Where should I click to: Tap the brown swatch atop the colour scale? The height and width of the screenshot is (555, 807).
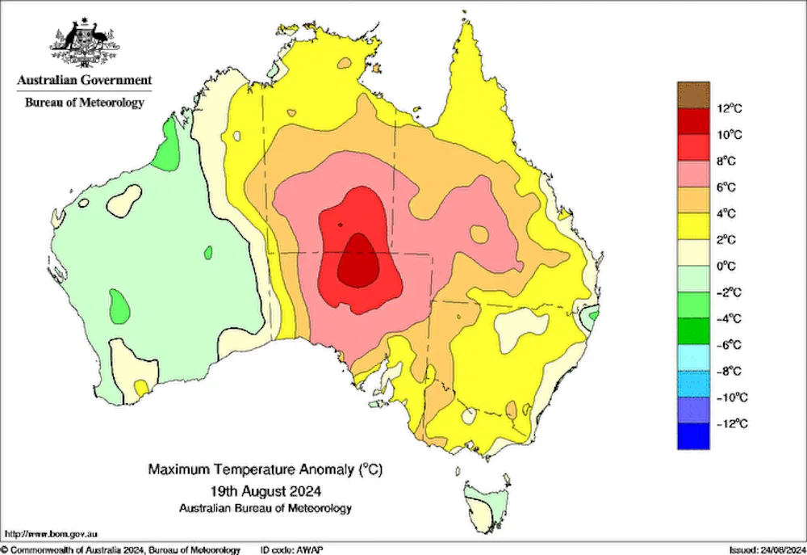click(693, 95)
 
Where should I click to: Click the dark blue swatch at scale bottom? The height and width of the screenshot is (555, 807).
click(693, 436)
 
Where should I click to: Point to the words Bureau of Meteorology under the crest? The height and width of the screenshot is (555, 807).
click(85, 103)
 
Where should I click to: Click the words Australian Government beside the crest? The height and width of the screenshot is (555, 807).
click(85, 80)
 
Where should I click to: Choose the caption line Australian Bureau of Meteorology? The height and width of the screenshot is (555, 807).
click(266, 508)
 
